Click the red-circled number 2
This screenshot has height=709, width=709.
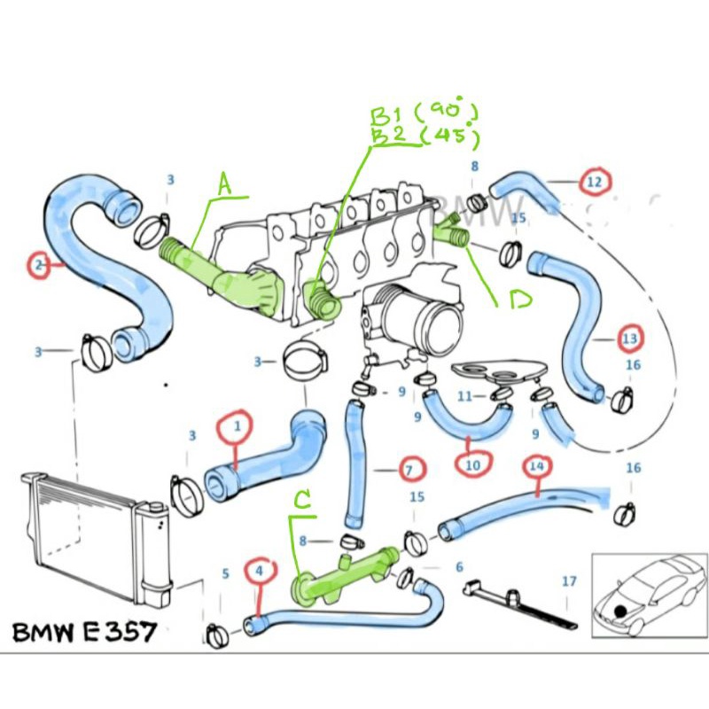[x=38, y=264]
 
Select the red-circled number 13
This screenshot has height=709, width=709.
[x=630, y=339]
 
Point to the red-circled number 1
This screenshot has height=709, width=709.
[x=237, y=427]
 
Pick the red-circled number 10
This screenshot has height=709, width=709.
[x=472, y=463]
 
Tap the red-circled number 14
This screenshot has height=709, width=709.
[x=535, y=464]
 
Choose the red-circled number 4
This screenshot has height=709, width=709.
[x=260, y=573]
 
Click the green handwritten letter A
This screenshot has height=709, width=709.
[x=224, y=184]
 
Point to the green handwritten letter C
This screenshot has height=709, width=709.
[x=303, y=503]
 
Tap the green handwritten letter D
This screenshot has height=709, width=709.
[x=519, y=301]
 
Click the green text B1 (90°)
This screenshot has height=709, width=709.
[x=424, y=114]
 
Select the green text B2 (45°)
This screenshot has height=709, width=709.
[x=424, y=137]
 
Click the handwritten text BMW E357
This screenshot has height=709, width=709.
[x=84, y=633]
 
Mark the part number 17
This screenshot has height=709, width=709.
[x=569, y=581]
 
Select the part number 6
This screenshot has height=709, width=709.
[x=459, y=567]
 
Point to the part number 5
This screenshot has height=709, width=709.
[x=226, y=573]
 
